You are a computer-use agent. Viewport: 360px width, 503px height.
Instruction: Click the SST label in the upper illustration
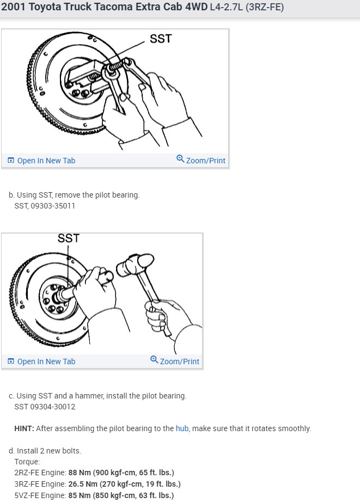click(161, 39)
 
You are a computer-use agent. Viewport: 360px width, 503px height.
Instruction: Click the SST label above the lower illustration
click(68, 238)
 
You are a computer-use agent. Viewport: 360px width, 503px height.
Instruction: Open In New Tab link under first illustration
click(41, 161)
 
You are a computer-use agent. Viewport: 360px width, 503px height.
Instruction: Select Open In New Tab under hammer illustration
click(41, 361)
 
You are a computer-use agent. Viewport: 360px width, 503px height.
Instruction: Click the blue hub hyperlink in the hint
click(182, 428)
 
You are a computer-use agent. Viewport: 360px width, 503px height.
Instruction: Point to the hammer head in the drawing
click(135, 263)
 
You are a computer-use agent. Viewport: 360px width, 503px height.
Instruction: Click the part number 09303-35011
click(53, 206)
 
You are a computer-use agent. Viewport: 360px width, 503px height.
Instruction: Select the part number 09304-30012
click(53, 407)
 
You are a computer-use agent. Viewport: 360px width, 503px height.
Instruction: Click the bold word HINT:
click(24, 428)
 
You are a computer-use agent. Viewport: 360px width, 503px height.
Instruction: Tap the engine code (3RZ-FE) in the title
click(265, 7)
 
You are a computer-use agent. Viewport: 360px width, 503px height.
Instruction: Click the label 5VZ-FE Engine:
click(40, 495)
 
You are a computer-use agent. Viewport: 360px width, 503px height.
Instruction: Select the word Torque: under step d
click(27, 462)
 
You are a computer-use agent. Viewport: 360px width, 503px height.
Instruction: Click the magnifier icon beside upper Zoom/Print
click(180, 158)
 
